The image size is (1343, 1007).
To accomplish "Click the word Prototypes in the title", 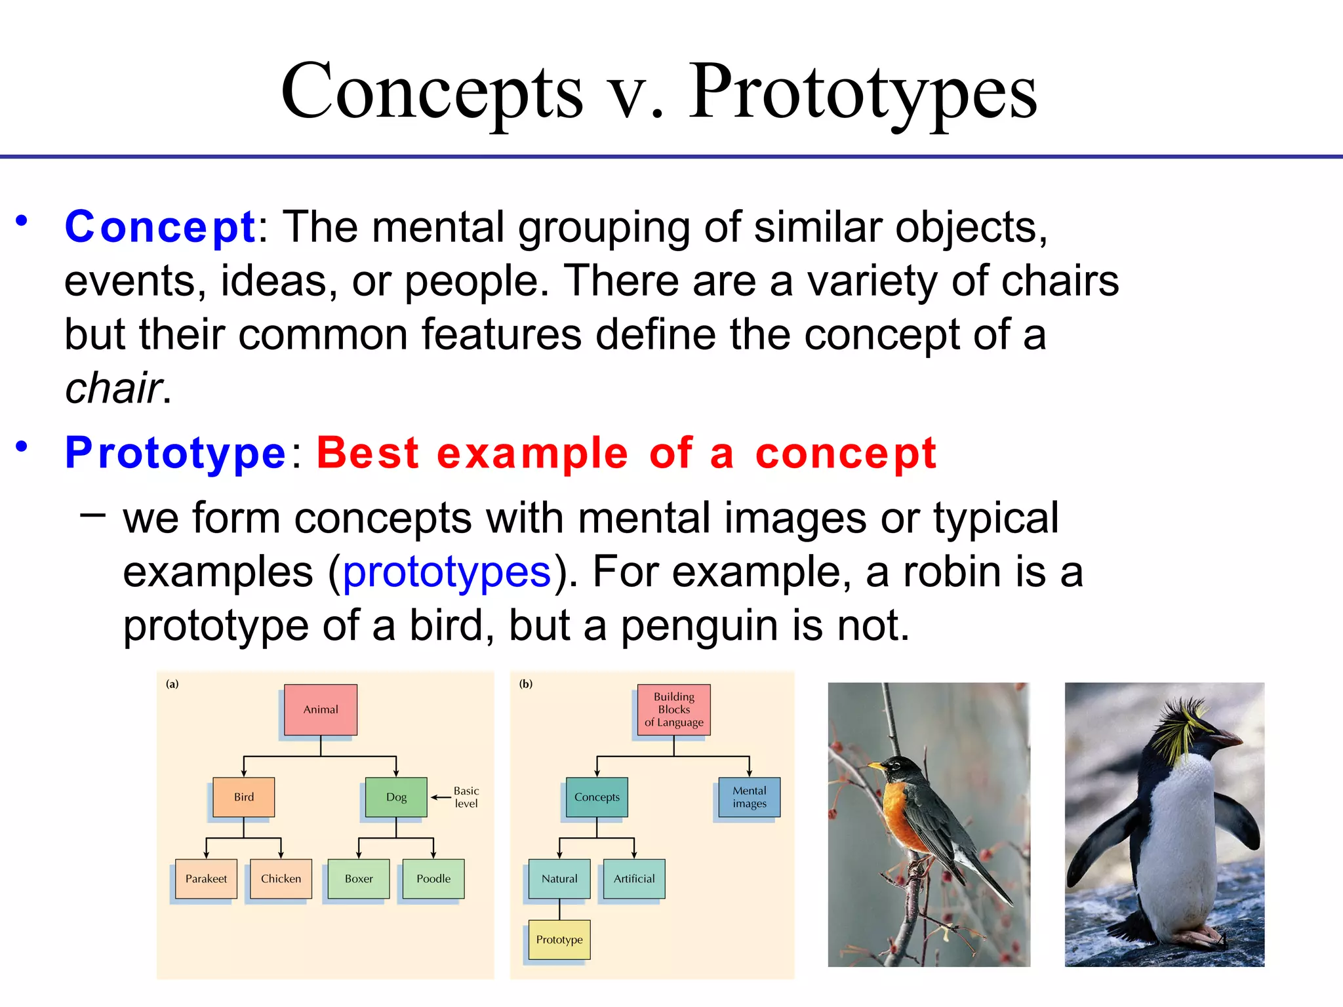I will click(x=862, y=92).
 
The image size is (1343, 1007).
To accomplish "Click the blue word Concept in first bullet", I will click(x=159, y=227).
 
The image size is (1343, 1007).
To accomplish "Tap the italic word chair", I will click(x=113, y=388).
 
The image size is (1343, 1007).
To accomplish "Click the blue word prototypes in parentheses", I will click(x=447, y=572).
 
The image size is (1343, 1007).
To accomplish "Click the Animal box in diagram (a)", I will click(x=321, y=709).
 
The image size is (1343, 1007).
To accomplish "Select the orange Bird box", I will click(x=243, y=797).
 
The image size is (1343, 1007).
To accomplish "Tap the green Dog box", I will click(x=396, y=797).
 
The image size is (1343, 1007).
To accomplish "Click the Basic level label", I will click(x=466, y=797).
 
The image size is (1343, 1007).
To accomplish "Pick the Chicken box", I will click(x=281, y=879).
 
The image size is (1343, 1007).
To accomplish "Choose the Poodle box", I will click(x=433, y=879).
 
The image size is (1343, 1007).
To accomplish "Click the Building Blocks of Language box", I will click(x=673, y=709).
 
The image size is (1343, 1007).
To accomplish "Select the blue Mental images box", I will click(x=749, y=797).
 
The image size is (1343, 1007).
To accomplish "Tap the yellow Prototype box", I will click(x=559, y=939).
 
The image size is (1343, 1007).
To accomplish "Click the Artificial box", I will click(x=633, y=879).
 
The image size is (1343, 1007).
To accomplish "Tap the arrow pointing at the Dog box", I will click(x=440, y=797).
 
